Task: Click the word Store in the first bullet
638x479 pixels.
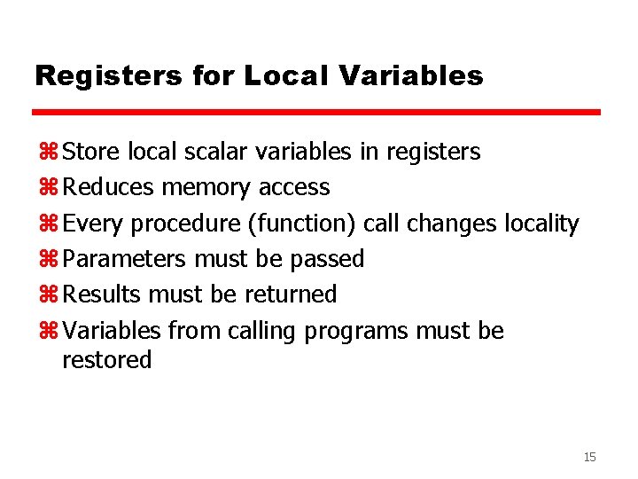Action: (x=92, y=152)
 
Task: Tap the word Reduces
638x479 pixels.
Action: (x=108, y=187)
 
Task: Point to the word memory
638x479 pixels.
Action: (x=206, y=187)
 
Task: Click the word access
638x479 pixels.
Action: (x=294, y=188)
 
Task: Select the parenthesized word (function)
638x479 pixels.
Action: (x=302, y=224)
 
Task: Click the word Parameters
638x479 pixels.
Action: (x=125, y=259)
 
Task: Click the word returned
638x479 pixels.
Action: (x=291, y=294)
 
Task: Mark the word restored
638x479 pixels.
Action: (x=107, y=359)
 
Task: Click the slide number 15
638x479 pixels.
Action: (x=589, y=457)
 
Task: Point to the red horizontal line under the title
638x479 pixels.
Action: (x=316, y=113)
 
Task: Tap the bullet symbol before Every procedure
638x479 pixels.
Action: (x=48, y=224)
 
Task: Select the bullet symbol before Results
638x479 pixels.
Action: (x=48, y=294)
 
